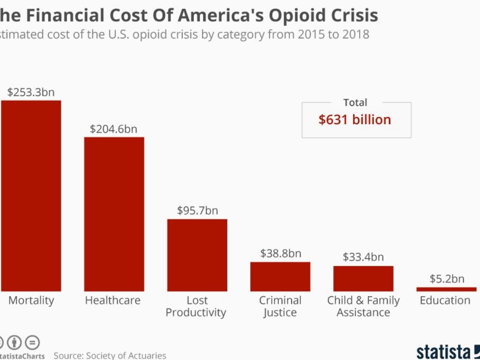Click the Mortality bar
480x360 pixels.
point(31,195)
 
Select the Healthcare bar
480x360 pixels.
point(114,214)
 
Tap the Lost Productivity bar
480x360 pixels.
point(197,255)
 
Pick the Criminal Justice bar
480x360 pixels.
point(280,277)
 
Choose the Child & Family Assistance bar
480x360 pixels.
point(363,278)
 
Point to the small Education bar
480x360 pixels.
point(446,289)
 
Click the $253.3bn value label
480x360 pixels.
point(31,92)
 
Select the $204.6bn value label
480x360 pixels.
point(114,129)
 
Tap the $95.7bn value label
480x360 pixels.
point(197,211)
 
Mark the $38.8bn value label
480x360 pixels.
point(280,254)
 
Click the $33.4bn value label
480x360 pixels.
point(363,257)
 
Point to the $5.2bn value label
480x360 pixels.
point(447,279)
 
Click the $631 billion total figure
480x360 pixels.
point(355,120)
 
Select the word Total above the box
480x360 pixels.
point(355,103)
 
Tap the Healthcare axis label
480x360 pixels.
point(112,300)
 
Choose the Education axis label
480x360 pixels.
point(445,300)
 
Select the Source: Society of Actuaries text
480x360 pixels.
point(110,355)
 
